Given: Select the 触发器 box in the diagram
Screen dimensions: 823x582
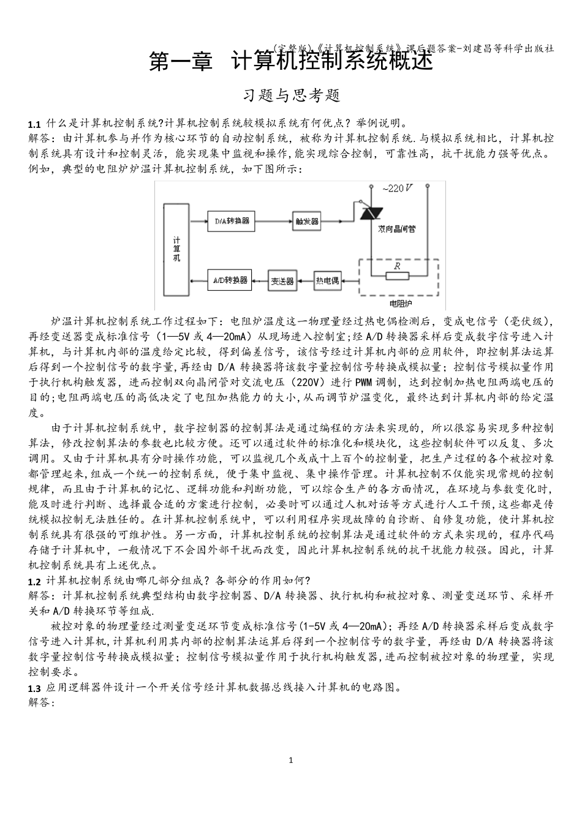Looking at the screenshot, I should [x=306, y=221].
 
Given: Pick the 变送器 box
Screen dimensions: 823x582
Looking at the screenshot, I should [x=282, y=281].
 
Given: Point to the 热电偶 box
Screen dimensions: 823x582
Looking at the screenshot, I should [x=327, y=280].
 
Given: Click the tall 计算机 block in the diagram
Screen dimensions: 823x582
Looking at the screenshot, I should [x=176, y=249].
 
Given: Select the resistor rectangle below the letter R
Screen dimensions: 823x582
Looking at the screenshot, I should [x=397, y=276].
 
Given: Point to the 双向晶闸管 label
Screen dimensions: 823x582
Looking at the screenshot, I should [x=396, y=228].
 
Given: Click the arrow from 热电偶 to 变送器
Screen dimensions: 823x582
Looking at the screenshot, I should [x=305, y=281].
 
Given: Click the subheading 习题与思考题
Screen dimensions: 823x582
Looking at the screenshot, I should [x=291, y=96].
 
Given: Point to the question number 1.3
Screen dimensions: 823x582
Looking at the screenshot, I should [x=34, y=688].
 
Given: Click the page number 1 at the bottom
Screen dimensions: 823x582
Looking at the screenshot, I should [x=291, y=760].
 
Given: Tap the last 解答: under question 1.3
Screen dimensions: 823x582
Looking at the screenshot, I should [x=42, y=702].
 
